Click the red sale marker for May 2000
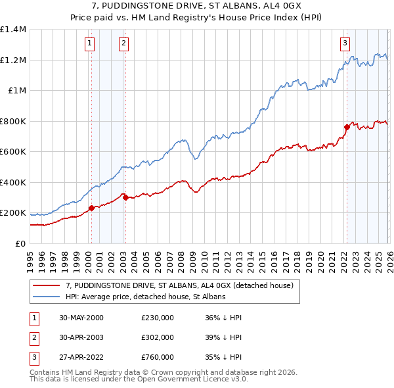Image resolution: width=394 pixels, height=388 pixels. (x=91, y=208)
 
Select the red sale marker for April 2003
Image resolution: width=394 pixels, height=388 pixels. (x=125, y=197)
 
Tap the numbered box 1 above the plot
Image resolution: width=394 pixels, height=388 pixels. (x=89, y=44)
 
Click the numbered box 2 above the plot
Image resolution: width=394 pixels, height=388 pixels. (x=123, y=44)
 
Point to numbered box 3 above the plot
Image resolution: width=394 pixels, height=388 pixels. (x=345, y=44)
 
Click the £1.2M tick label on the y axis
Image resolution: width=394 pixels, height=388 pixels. (x=13, y=60)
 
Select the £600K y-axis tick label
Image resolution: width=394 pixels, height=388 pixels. (x=13, y=151)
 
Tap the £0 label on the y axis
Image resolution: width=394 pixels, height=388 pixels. (x=20, y=243)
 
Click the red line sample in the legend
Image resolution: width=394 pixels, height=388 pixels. (x=46, y=285)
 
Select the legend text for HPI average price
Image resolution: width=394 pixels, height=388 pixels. (x=145, y=297)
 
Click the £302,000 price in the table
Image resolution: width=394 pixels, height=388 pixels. (x=157, y=337)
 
